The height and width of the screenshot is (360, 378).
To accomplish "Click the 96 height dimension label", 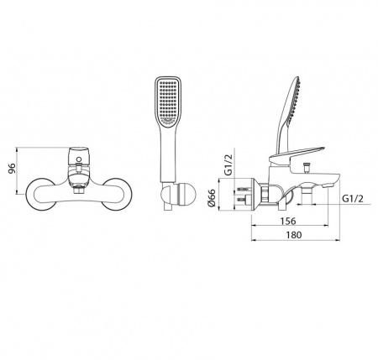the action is click(x=12, y=169).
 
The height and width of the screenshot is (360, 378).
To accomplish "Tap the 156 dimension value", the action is click(x=288, y=221).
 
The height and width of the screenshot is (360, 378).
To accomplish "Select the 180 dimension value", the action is click(x=294, y=235).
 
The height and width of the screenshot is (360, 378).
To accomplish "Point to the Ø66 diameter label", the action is click(x=212, y=198).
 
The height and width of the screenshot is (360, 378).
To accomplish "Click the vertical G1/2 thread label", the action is click(x=228, y=165).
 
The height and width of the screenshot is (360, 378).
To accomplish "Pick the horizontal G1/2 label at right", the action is click(x=353, y=199).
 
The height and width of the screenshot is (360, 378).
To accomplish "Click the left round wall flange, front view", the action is click(x=39, y=193).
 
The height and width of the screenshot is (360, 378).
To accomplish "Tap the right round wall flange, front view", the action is click(x=117, y=193).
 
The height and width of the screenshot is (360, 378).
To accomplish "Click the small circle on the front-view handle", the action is click(x=79, y=159).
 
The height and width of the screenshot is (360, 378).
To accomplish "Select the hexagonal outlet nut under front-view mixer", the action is click(x=79, y=190).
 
